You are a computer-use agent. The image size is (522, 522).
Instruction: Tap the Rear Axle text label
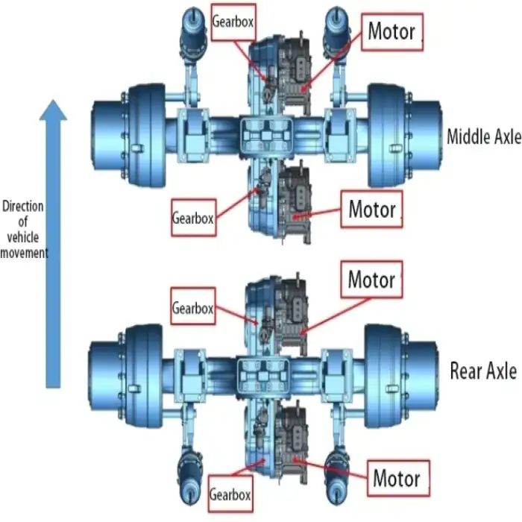click(482, 371)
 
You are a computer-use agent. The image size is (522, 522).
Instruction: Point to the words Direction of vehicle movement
click(25, 230)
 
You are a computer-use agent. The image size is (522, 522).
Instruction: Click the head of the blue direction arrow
click(52, 111)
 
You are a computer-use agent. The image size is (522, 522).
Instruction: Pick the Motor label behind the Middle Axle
click(372, 209)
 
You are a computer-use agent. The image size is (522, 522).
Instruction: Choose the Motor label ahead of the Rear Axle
click(371, 280)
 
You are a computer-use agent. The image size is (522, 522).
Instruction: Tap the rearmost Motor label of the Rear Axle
click(396, 477)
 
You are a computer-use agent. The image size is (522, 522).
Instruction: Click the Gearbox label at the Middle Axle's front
click(233, 22)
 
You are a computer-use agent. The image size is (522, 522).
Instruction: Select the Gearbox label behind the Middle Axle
click(193, 218)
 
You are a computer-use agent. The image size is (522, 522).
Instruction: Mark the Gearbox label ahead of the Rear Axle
click(193, 307)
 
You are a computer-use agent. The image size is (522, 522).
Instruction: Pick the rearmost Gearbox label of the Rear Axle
click(230, 494)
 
